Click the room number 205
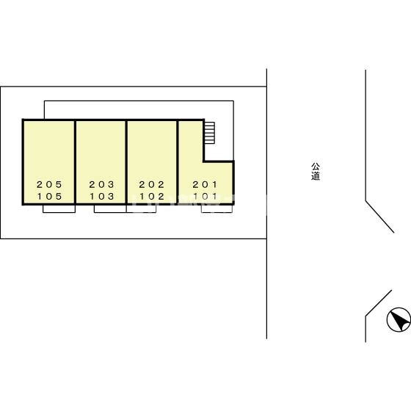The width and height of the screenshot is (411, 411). tap(49, 184)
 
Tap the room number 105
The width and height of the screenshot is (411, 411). tap(49, 197)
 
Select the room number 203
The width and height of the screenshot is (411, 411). tap(102, 184)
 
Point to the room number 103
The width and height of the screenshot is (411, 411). tap(102, 197)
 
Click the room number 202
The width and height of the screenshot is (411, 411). tap(152, 184)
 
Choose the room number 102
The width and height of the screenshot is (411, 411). tap(152, 197)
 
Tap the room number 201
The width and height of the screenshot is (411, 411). tap(205, 184)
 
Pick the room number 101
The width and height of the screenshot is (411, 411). tap(205, 197)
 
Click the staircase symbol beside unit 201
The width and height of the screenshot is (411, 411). tap(210, 133)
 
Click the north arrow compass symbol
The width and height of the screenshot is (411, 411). tap(399, 319)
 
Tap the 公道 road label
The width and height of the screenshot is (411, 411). tap(316, 172)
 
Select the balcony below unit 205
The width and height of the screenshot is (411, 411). tap(59, 208)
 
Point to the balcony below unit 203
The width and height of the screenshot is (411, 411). tap(110, 208)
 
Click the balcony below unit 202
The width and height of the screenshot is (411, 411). tap(141, 208)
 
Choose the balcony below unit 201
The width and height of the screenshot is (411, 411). tap(217, 208)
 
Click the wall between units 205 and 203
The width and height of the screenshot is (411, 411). tap(75, 162)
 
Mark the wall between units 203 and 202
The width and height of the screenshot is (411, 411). tap(126, 162)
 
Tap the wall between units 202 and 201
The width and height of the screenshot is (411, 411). tap(178, 162)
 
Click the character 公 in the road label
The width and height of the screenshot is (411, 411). tap(316, 167)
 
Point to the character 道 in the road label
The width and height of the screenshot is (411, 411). tap(316, 176)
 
